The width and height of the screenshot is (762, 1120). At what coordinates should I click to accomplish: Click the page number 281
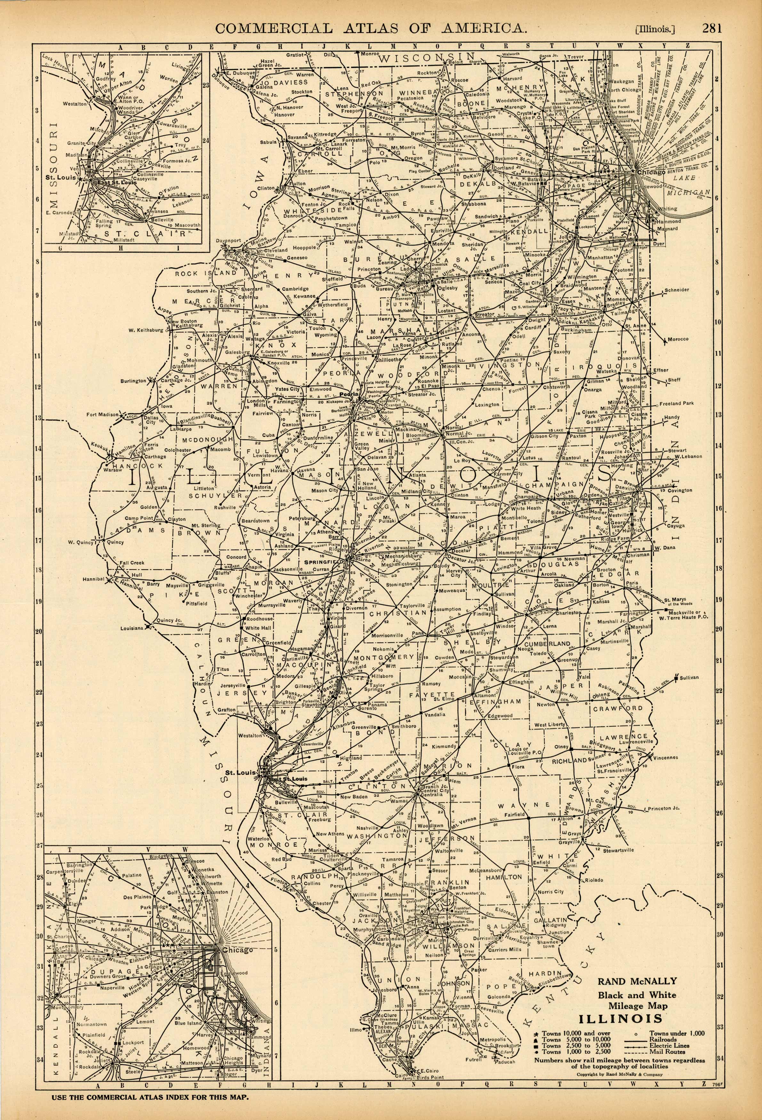point(711,28)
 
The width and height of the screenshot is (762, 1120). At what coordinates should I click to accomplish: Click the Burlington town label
point(133,381)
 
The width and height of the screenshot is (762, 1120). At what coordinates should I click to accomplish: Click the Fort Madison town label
point(102,414)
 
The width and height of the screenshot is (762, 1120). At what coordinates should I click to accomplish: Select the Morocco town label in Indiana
point(678,339)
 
